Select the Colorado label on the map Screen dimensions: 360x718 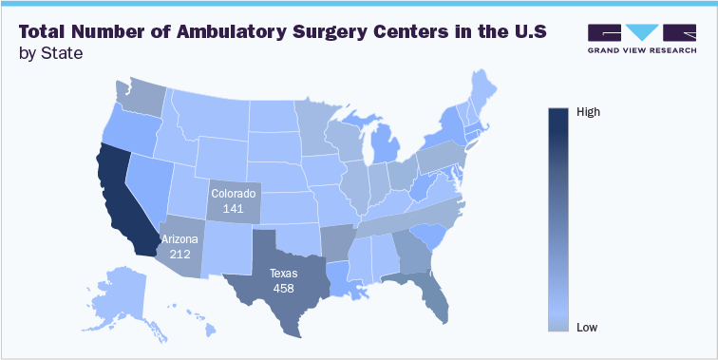tap(234, 193)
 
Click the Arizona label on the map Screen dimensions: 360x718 tap(180, 239)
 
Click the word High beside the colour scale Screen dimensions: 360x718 tap(589, 112)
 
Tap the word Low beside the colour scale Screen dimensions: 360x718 tap(587, 327)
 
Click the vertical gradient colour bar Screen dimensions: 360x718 tap(559, 218)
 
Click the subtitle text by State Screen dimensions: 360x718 tap(50, 53)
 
